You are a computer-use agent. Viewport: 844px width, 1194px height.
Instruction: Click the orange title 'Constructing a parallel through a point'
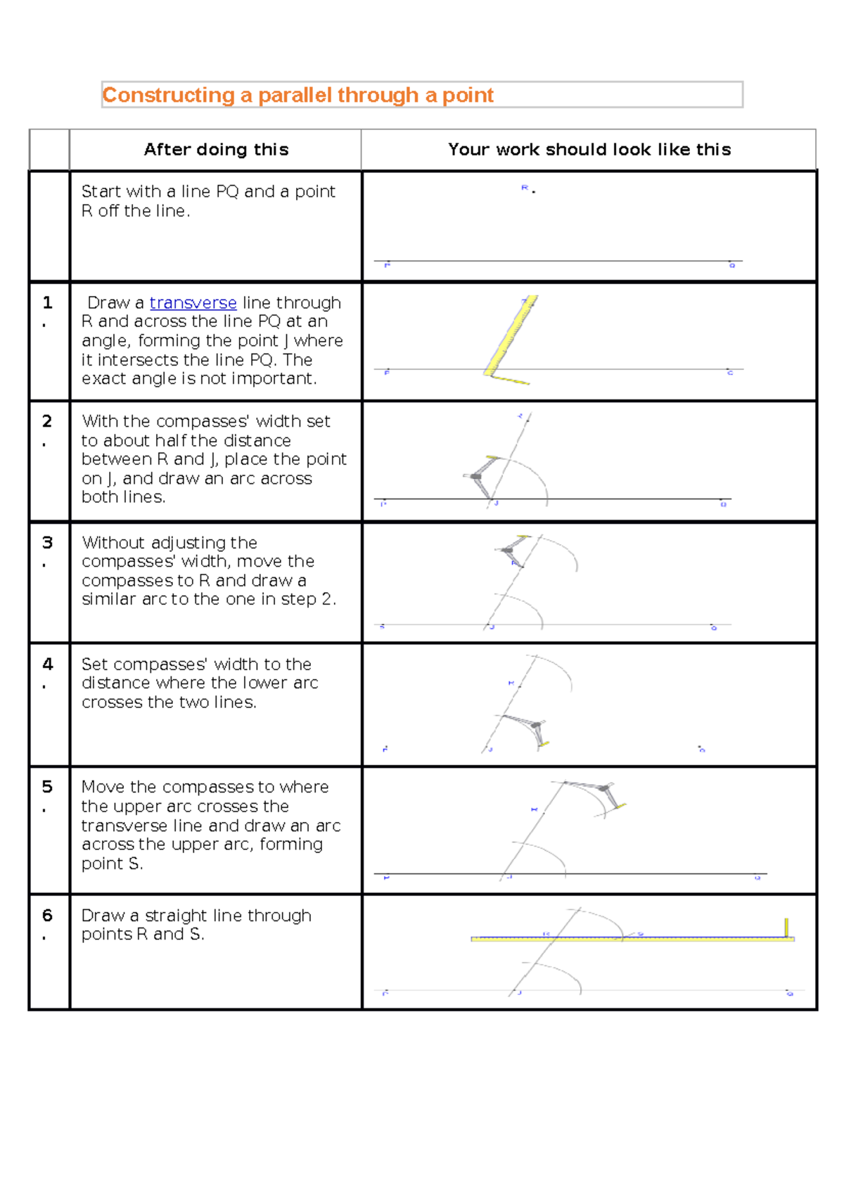pyautogui.click(x=298, y=95)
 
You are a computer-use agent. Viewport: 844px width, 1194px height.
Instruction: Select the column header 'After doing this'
pyautogui.click(x=216, y=149)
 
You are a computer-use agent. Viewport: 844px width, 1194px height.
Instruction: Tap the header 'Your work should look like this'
pyautogui.click(x=589, y=149)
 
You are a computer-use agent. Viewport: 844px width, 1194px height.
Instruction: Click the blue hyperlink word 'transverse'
pyautogui.click(x=193, y=303)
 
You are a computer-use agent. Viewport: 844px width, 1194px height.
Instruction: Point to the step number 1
pyautogui.click(x=47, y=303)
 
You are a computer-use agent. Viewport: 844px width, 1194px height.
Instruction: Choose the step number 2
pyautogui.click(x=47, y=421)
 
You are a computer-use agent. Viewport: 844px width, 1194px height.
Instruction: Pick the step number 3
pyautogui.click(x=47, y=543)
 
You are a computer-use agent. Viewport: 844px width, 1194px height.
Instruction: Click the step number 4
pyautogui.click(x=47, y=665)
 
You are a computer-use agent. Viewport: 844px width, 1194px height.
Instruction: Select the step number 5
pyautogui.click(x=47, y=787)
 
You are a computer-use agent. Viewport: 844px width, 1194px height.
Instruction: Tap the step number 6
pyautogui.click(x=47, y=916)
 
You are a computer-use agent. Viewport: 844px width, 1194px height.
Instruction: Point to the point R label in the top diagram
pyautogui.click(x=525, y=188)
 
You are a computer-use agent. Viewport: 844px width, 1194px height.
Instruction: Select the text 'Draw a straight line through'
pyautogui.click(x=196, y=916)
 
